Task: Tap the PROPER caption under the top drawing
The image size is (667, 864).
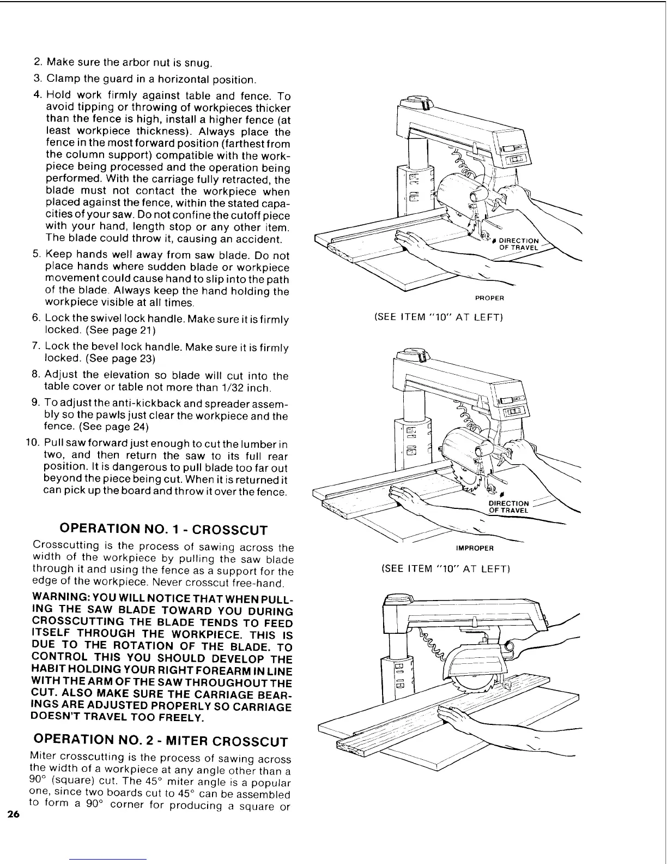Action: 489,298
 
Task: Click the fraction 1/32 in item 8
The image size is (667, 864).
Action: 231,388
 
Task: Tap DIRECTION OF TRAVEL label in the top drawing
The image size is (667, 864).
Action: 518,244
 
